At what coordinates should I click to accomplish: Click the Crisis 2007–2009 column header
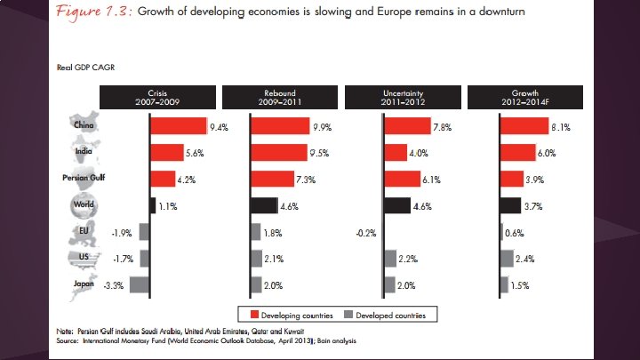point(156,98)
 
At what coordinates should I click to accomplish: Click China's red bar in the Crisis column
point(178,127)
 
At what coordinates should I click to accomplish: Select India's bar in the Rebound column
point(279,153)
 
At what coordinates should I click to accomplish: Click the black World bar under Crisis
point(152,205)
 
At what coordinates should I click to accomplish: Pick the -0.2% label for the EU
point(364,233)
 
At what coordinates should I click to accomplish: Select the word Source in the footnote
point(68,340)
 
